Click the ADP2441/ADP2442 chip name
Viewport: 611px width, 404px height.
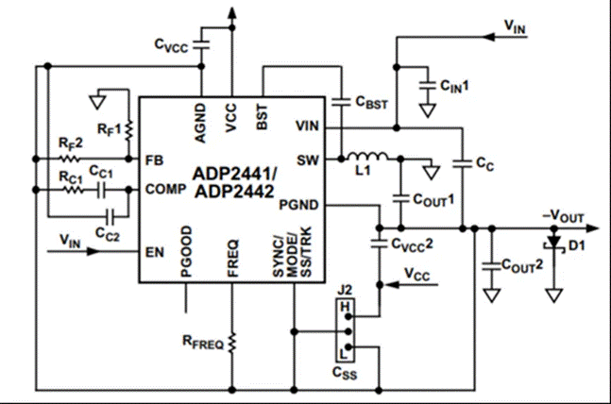tap(234, 181)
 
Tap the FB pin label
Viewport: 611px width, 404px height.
tap(155, 160)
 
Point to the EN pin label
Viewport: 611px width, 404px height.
tap(154, 252)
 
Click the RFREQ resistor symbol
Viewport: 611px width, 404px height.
tap(231, 339)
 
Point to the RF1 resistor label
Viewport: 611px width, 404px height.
tap(105, 127)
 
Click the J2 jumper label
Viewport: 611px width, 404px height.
tap(345, 288)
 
